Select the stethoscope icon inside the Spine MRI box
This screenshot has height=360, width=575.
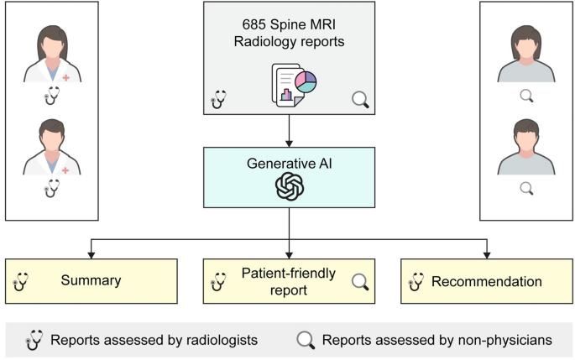pos(218,100)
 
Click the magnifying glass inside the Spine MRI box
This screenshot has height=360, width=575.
pos(360,100)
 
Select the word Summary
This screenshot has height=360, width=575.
pos(91,281)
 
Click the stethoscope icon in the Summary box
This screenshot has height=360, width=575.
pos(20,281)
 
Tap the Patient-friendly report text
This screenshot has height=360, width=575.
pos(285,281)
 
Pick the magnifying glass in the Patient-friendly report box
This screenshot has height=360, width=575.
pos(360,281)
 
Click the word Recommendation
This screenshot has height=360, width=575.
pos(487,281)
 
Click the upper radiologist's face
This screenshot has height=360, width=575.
pos(51,45)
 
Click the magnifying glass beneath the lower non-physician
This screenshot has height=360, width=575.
pos(526,189)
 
